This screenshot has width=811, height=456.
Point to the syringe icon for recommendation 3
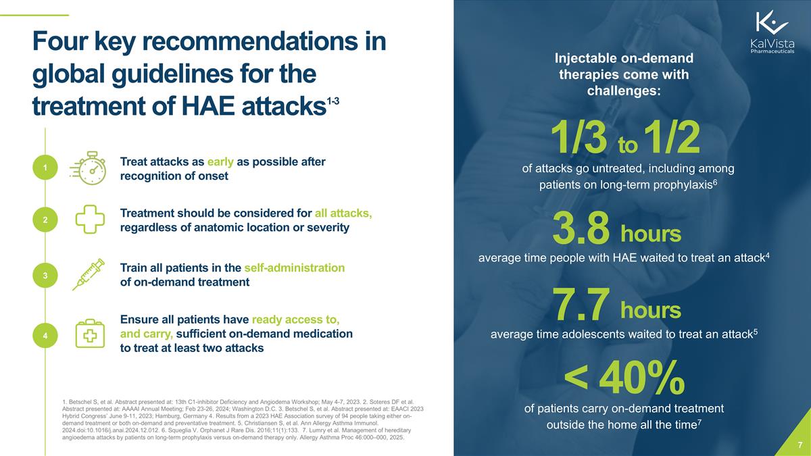(88, 274)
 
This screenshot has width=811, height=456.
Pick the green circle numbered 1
(44, 168)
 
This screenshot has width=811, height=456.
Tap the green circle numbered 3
(44, 276)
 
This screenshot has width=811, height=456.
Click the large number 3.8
(581, 228)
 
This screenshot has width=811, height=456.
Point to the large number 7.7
(582, 304)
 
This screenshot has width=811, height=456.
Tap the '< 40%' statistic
(624, 379)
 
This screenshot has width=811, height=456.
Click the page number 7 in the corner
(800, 445)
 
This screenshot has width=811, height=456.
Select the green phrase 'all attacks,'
(343, 213)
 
